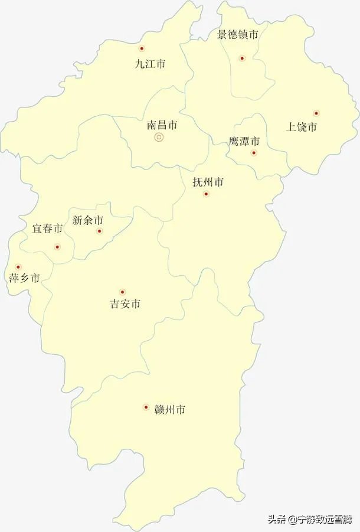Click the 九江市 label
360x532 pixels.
(x=150, y=64)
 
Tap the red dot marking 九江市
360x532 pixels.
(x=142, y=48)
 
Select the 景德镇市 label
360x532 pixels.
(x=238, y=35)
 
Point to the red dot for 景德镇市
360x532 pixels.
(x=242, y=58)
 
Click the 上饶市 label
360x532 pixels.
(x=302, y=127)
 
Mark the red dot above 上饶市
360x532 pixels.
(x=316, y=113)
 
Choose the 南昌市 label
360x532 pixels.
(x=162, y=125)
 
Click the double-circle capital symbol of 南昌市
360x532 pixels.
(x=159, y=138)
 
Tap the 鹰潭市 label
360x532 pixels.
(x=244, y=142)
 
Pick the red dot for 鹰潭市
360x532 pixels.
(x=254, y=152)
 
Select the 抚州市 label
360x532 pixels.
(x=208, y=182)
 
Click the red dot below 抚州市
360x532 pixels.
(x=206, y=194)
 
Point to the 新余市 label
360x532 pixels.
(x=88, y=220)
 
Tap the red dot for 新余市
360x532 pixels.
(x=99, y=231)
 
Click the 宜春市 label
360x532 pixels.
(x=47, y=229)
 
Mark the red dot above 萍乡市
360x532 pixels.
(x=18, y=267)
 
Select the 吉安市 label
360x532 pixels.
(x=125, y=304)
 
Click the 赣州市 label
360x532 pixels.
(x=169, y=409)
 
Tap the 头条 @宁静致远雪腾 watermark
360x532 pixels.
(x=310, y=520)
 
